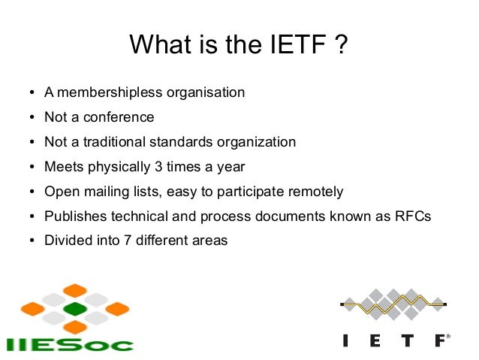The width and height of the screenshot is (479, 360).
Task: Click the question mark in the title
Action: click(342, 46)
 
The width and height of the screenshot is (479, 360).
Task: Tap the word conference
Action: click(120, 117)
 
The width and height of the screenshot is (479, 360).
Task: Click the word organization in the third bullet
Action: click(256, 142)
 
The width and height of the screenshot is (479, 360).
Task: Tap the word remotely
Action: click(316, 192)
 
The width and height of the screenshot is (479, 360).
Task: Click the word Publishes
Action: click(74, 216)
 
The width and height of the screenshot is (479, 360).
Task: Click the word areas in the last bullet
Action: click(211, 241)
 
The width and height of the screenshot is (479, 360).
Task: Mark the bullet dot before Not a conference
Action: click(32, 118)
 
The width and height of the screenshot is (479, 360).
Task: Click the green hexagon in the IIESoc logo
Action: click(75, 309)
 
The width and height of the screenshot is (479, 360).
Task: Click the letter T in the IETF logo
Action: click(407, 340)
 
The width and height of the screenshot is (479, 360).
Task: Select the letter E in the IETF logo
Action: click(375, 340)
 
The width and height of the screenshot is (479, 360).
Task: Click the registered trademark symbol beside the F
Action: click(448, 336)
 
